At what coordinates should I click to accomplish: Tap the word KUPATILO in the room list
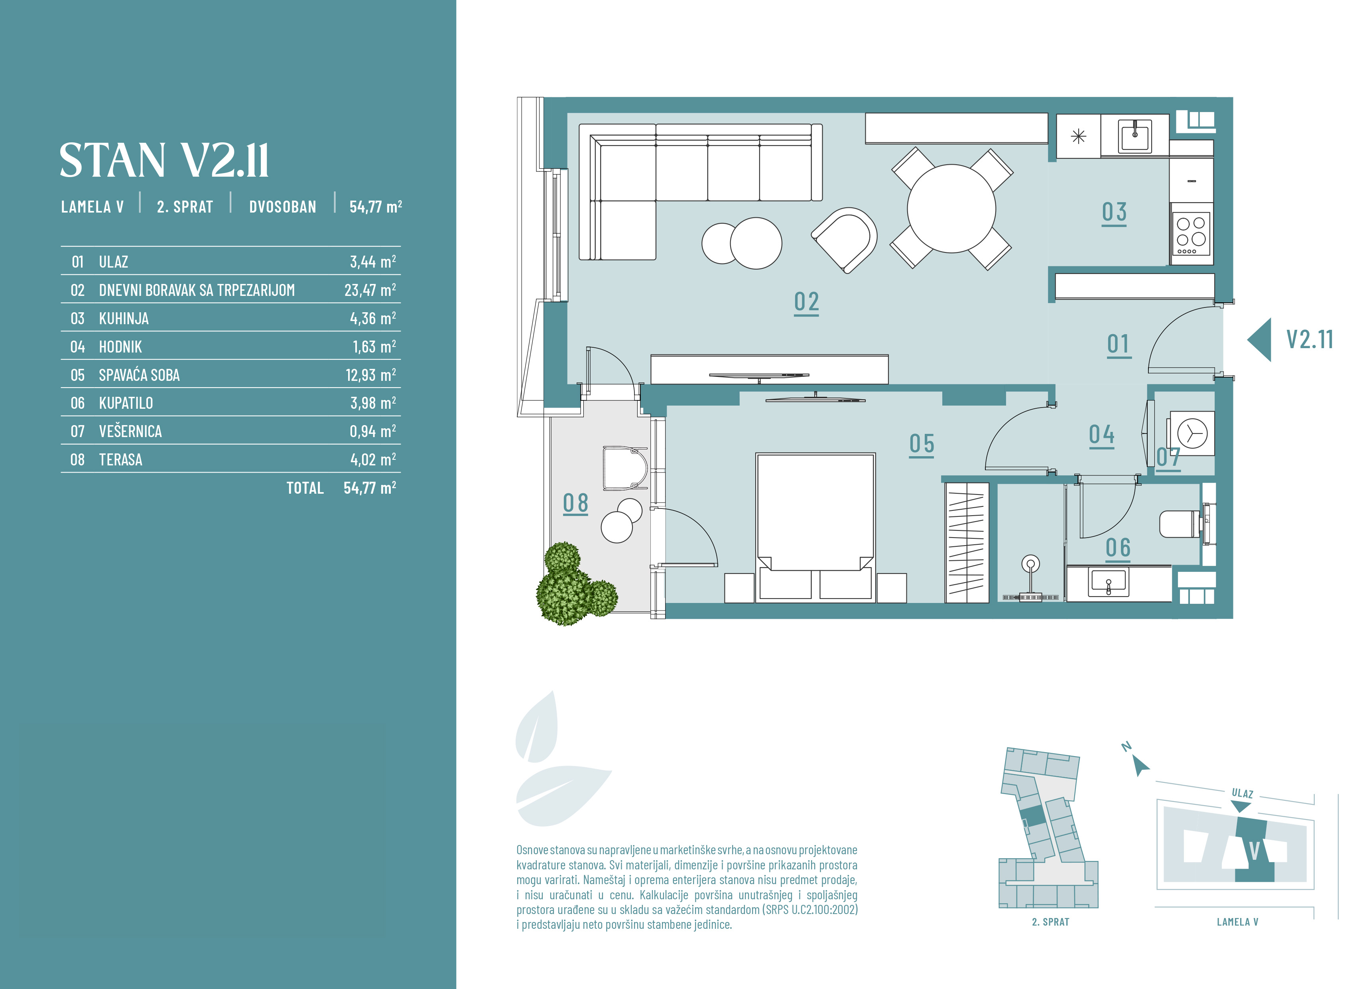pyautogui.click(x=126, y=403)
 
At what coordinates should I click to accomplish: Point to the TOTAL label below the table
pyautogui.click(x=305, y=488)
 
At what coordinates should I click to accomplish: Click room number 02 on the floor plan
pyautogui.click(x=806, y=302)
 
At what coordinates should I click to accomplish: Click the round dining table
pyautogui.click(x=951, y=208)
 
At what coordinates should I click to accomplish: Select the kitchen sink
pyautogui.click(x=1135, y=136)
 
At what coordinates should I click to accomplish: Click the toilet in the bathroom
pyautogui.click(x=1180, y=524)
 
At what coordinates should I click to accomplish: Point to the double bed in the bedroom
pyautogui.click(x=815, y=527)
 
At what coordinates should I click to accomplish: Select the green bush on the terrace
pyautogui.click(x=575, y=584)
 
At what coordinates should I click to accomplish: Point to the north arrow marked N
pyautogui.click(x=1140, y=766)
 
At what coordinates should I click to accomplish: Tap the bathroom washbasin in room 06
pyautogui.click(x=1109, y=583)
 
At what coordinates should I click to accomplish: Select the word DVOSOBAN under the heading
pyautogui.click(x=282, y=207)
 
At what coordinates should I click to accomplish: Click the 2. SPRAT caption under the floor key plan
pyautogui.click(x=1050, y=922)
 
